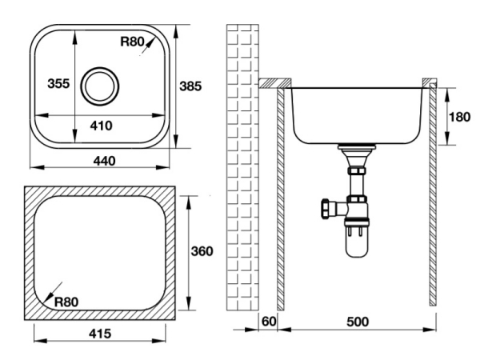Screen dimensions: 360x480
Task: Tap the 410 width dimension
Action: [x=101, y=126]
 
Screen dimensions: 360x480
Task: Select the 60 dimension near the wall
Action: [x=269, y=322]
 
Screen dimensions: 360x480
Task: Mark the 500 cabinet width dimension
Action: [x=357, y=322]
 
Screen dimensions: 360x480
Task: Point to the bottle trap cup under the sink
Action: [x=355, y=243]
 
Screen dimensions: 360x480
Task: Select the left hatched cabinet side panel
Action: [x=282, y=200]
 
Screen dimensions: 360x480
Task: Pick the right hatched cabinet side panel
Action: [x=432, y=200]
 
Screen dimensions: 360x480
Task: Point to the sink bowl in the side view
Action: [x=355, y=112]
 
